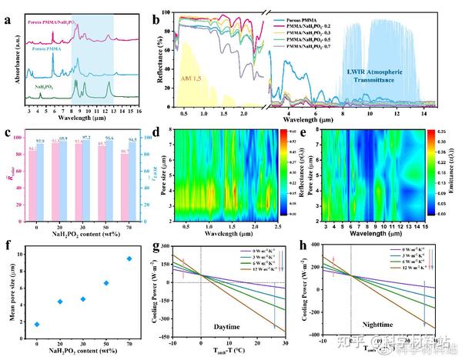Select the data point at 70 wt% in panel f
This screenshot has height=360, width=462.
pos(129,258)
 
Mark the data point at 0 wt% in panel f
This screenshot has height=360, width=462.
pos(37,324)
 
